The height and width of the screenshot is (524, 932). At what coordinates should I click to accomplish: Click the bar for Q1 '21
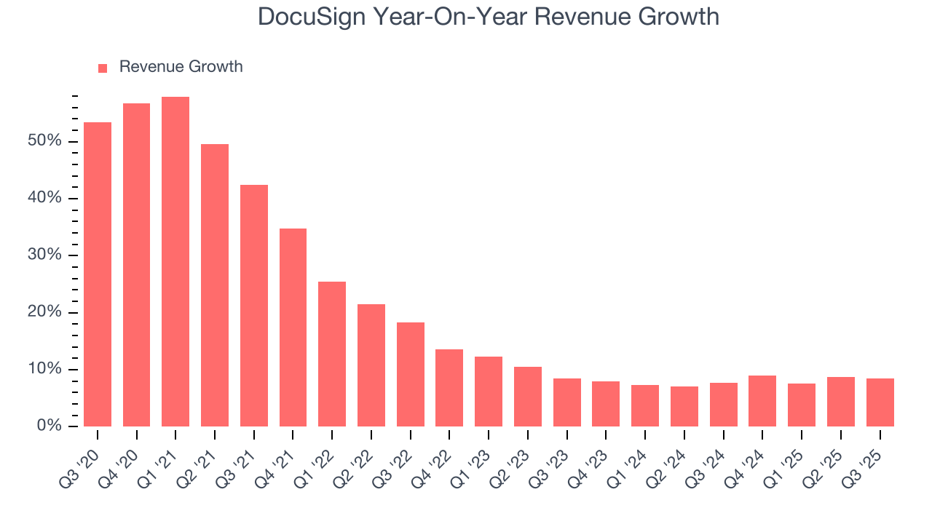[x=175, y=262]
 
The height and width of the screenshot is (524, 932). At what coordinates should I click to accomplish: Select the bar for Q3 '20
[x=98, y=274]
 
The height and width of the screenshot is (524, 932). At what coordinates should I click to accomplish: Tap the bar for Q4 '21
[x=293, y=327]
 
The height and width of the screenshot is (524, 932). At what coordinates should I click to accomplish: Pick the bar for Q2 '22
[x=371, y=365]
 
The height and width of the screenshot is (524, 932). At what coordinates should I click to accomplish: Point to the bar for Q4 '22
[x=449, y=388]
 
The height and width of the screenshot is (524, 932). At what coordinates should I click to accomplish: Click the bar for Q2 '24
[x=684, y=406]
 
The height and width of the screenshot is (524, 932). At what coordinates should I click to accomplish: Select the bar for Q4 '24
[x=762, y=401]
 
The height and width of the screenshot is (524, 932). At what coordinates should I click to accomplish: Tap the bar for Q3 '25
[x=880, y=402]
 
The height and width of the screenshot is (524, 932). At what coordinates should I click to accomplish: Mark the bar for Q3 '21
[x=254, y=306]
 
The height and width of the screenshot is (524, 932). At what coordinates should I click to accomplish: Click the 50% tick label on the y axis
[x=44, y=141]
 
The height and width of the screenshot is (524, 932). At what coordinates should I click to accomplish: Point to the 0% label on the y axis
[x=49, y=426]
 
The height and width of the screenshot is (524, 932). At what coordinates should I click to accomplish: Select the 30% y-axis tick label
[x=44, y=255]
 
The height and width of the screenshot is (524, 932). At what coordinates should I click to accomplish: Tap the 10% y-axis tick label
[x=44, y=370]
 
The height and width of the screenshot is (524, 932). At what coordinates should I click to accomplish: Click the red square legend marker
[x=103, y=68]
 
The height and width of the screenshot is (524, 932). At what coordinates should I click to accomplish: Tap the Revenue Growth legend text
[x=181, y=67]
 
